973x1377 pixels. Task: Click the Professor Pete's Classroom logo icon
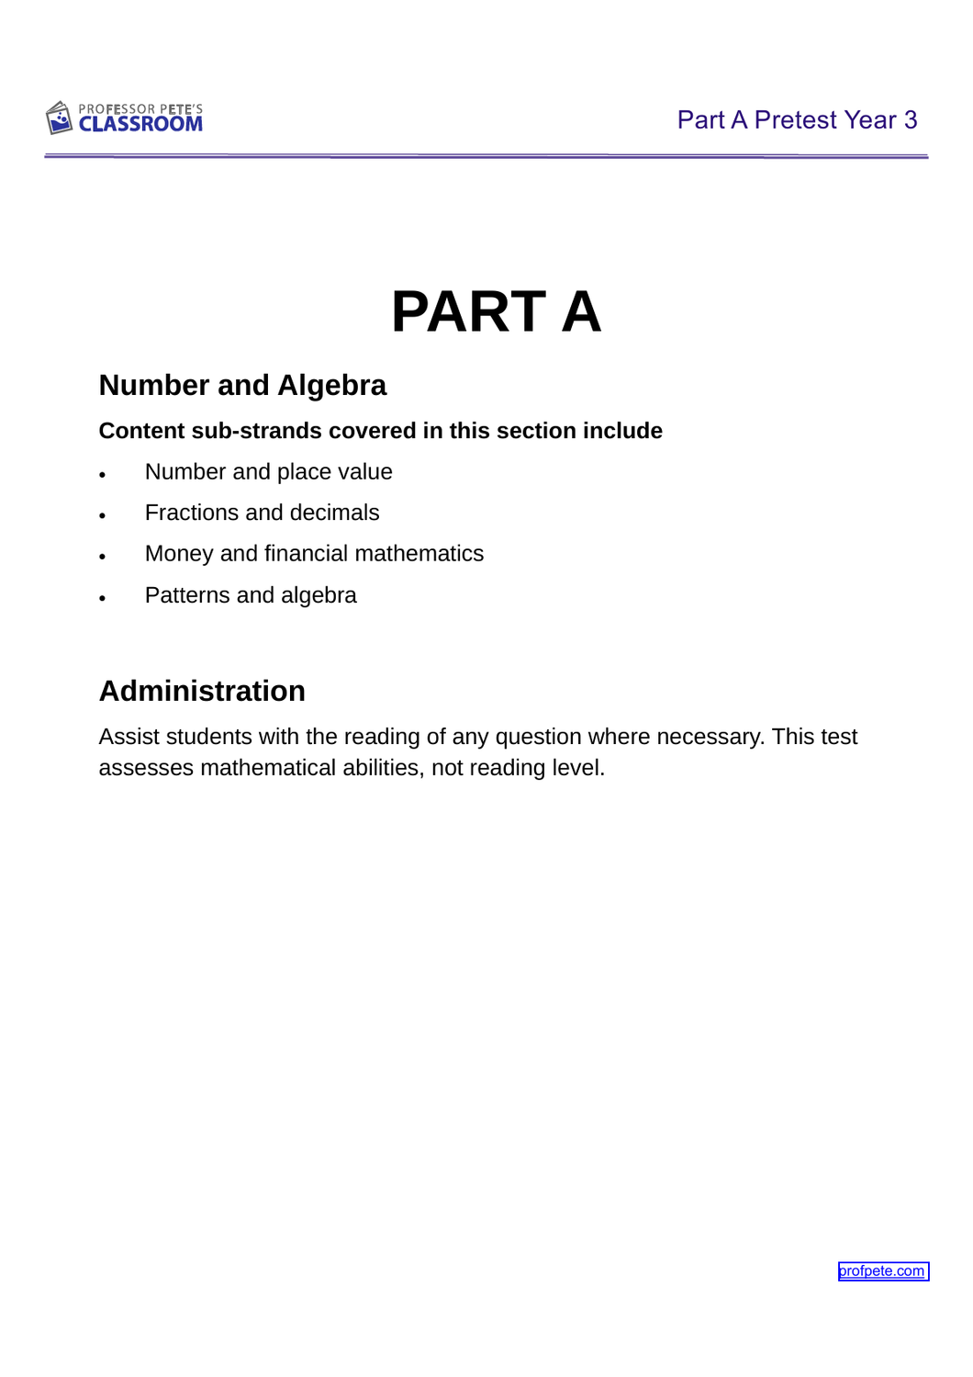[x=59, y=118]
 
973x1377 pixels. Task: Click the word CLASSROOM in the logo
[x=140, y=124]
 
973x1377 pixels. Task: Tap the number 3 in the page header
[x=910, y=120]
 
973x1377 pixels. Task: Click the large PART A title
[x=496, y=311]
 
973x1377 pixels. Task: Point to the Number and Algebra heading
[x=242, y=385]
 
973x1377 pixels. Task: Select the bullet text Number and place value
[x=268, y=472]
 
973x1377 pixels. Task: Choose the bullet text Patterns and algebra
[x=251, y=595]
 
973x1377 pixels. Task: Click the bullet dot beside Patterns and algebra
[x=103, y=599]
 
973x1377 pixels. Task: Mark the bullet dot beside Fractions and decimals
[x=103, y=516]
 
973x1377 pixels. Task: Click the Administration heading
[x=202, y=691]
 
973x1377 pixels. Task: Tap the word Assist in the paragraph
[x=129, y=737]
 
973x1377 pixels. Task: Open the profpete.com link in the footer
[x=882, y=1271]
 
